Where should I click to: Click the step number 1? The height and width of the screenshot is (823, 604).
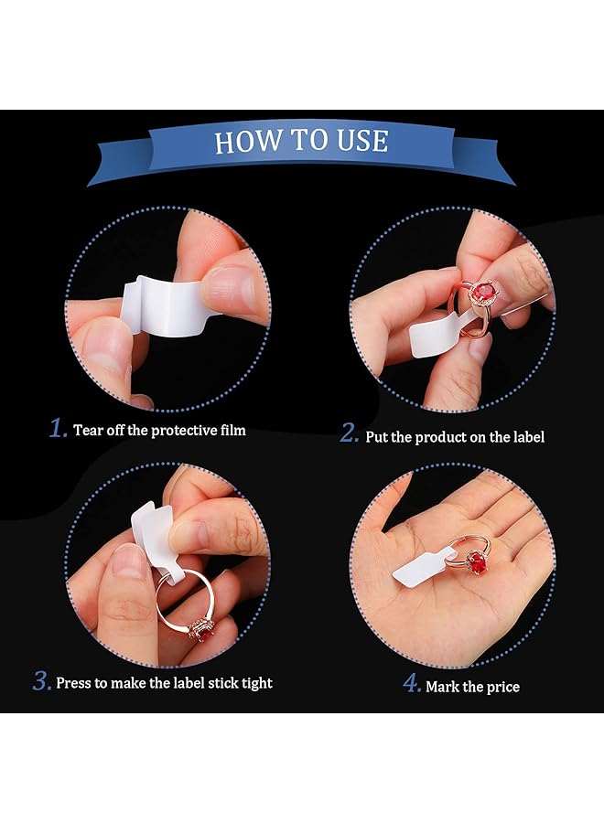(59, 429)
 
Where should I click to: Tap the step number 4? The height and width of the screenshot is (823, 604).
(414, 684)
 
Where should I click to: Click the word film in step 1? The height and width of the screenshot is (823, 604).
(230, 430)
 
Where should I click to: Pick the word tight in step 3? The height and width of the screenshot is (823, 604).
(254, 683)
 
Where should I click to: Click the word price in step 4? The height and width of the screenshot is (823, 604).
(502, 687)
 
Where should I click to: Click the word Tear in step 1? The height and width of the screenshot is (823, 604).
(89, 430)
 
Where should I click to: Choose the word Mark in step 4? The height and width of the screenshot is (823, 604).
(443, 687)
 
